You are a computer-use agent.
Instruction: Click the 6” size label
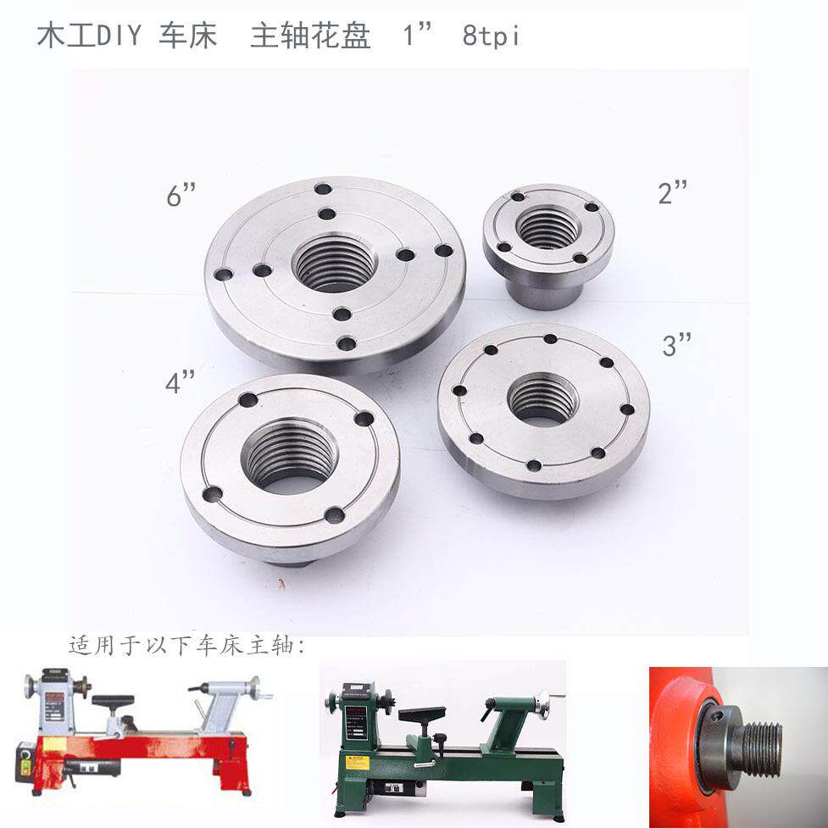(181, 194)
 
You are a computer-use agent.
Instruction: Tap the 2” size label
(673, 192)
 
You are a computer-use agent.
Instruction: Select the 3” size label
(677, 345)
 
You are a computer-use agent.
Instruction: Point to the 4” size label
(180, 381)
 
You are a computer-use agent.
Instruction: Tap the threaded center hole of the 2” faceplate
(548, 227)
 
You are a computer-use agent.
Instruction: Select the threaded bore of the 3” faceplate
(543, 399)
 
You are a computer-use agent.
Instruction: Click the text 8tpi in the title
(491, 36)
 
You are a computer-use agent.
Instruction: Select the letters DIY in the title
(119, 36)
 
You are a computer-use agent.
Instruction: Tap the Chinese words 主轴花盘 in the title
(310, 36)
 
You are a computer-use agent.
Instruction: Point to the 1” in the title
(417, 35)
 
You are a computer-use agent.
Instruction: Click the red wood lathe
(142, 733)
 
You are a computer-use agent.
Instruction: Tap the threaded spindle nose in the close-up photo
(761, 749)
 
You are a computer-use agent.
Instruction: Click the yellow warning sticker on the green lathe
(357, 761)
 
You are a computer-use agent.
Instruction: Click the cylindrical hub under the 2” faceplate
(544, 293)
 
